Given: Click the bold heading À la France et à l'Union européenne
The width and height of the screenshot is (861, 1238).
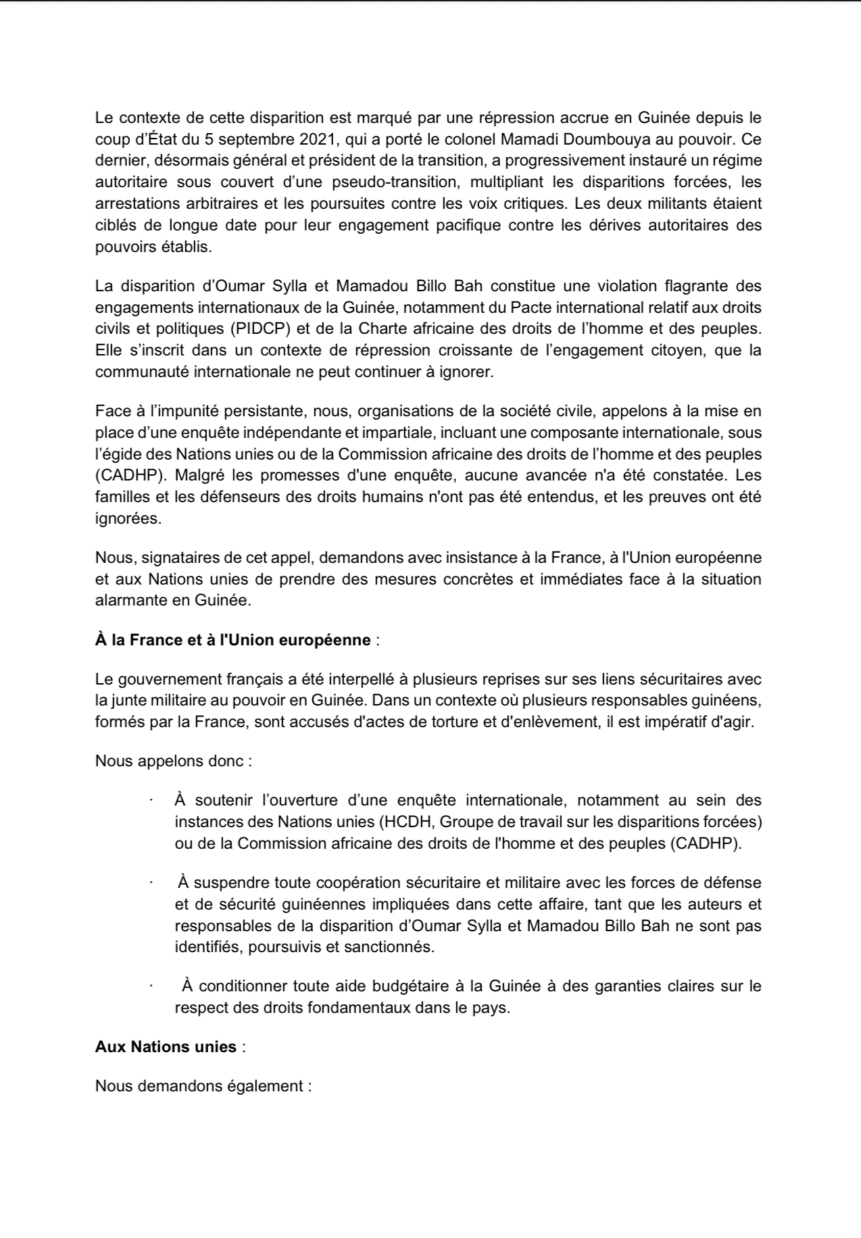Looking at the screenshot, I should click(x=232, y=639).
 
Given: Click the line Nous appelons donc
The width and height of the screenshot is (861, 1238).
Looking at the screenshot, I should click(x=173, y=761).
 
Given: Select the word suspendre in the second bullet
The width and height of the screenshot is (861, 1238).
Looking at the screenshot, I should click(x=231, y=883).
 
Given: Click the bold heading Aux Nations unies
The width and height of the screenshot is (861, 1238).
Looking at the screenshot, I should click(x=166, y=1047).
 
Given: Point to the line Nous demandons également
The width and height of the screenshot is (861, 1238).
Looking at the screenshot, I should click(x=203, y=1087).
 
